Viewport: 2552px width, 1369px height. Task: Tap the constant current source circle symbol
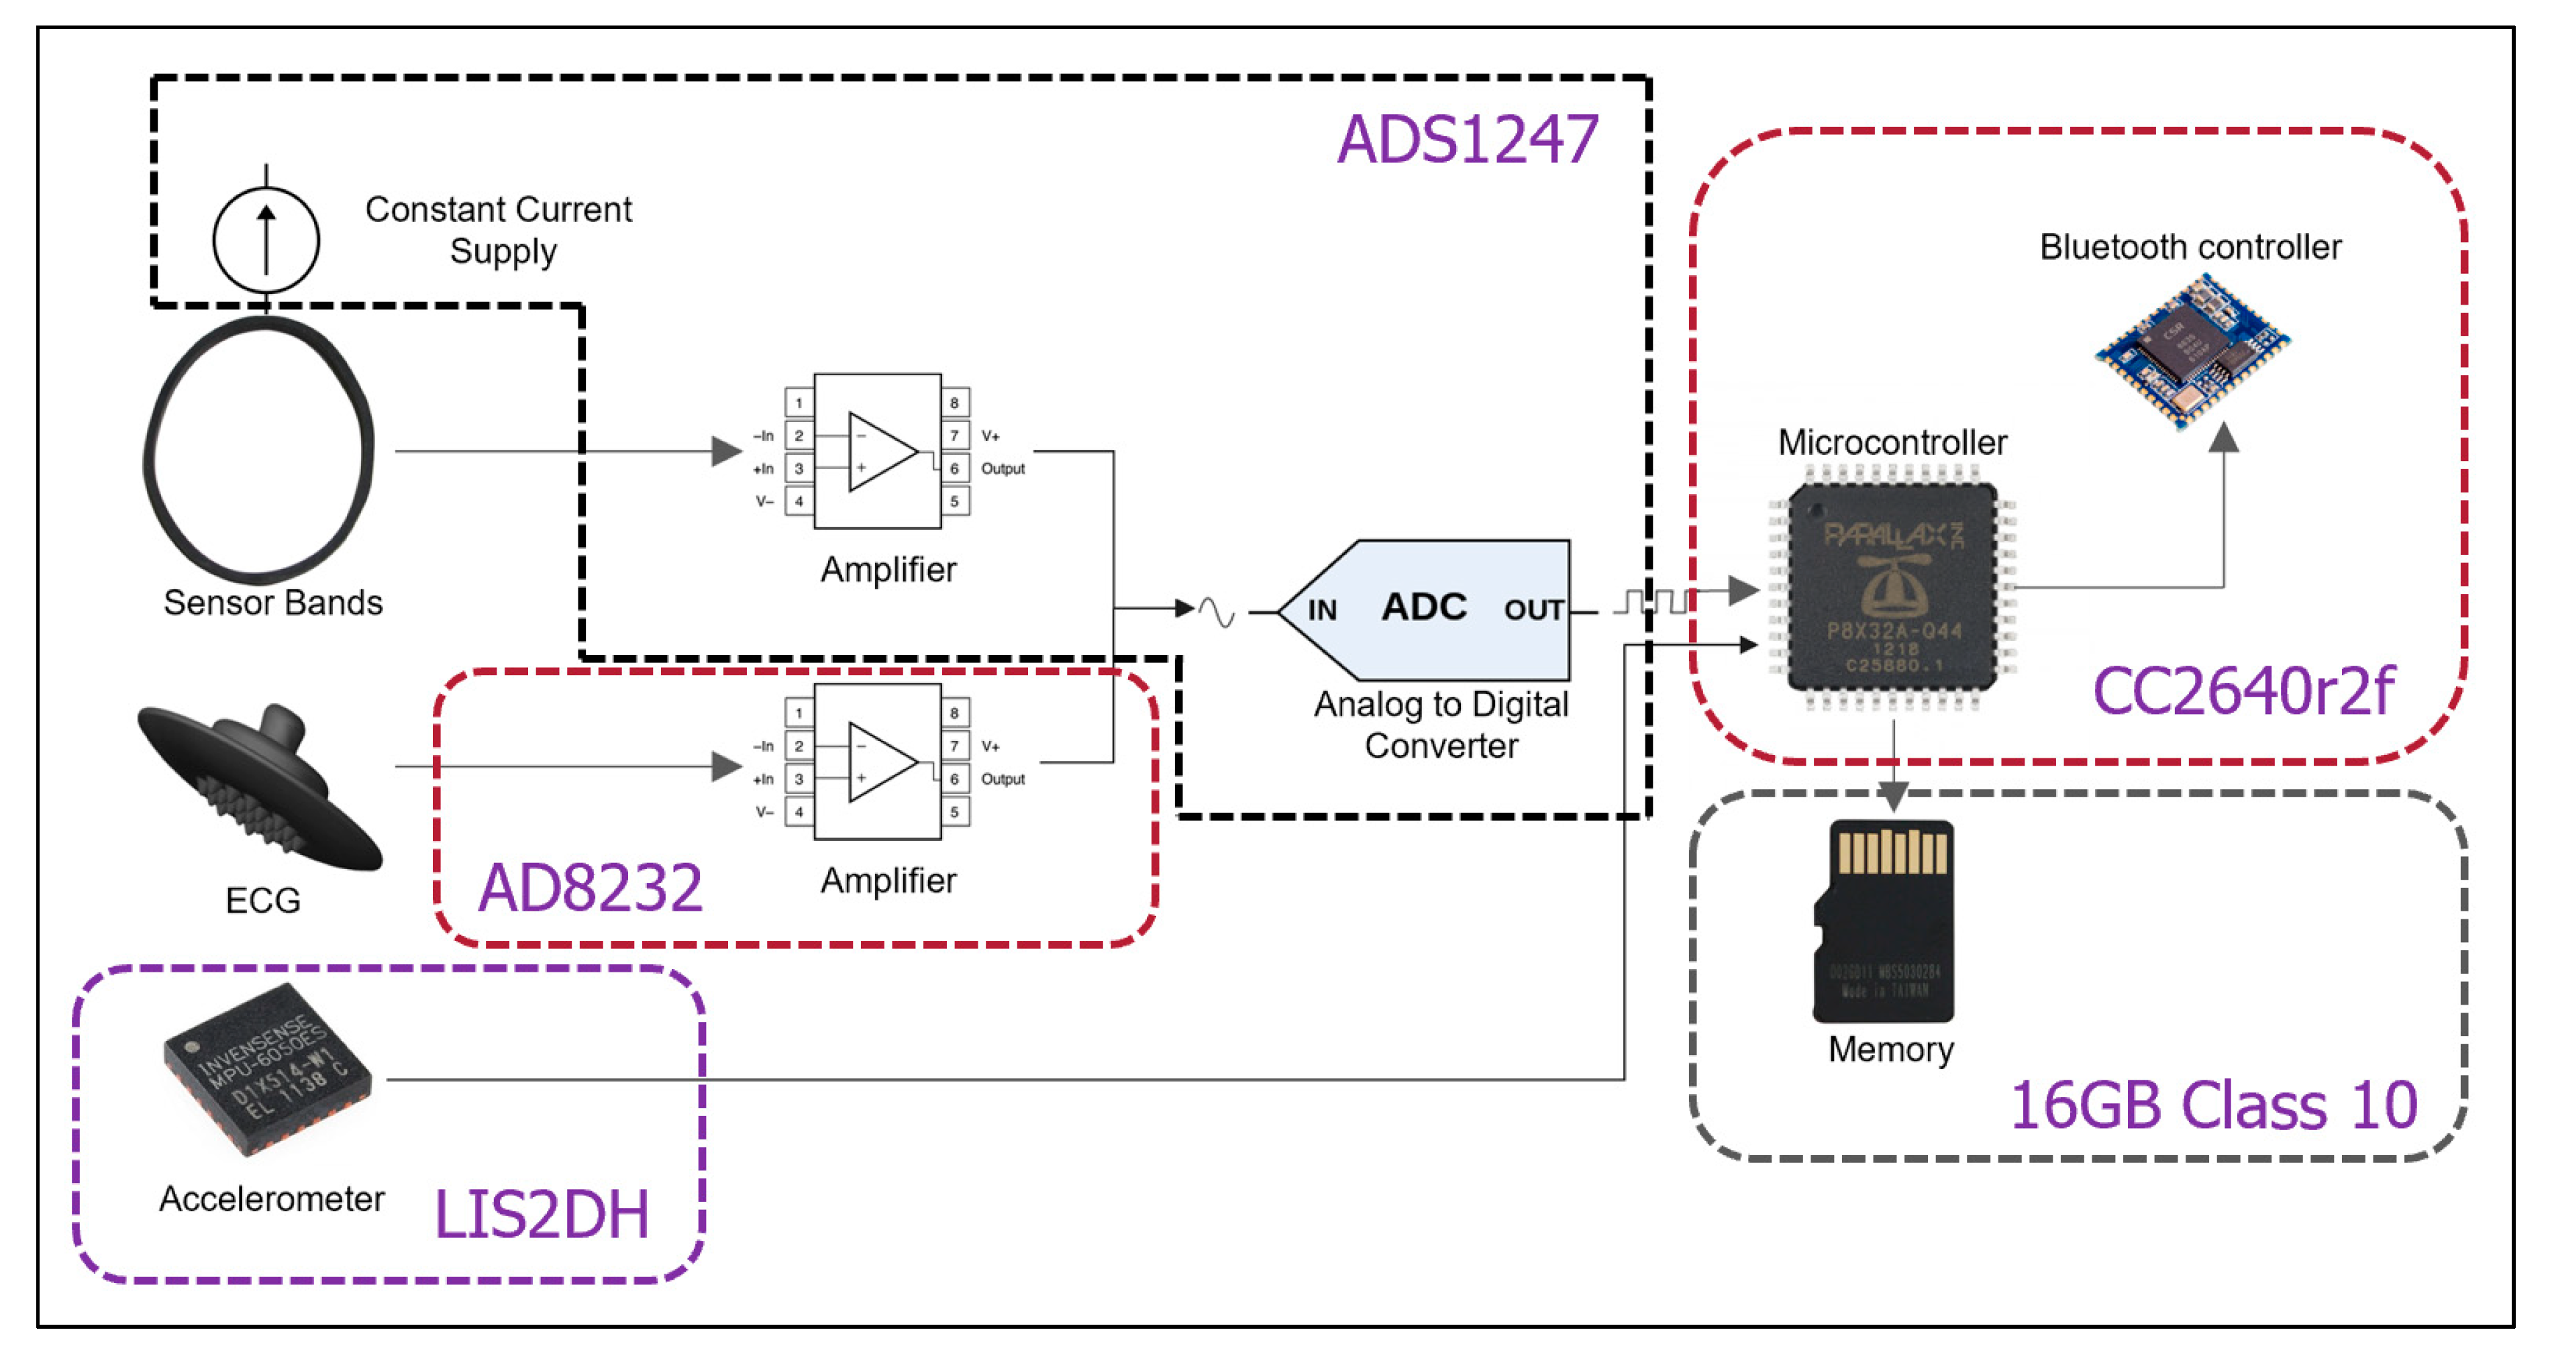[266, 240]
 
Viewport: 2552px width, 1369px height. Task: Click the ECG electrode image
[260, 788]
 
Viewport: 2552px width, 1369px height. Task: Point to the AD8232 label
[591, 888]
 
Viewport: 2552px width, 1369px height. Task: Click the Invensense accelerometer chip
[268, 1070]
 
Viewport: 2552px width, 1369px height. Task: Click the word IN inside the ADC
[1321, 610]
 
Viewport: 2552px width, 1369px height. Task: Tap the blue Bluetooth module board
[2192, 352]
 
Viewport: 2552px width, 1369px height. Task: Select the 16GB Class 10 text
[2213, 1105]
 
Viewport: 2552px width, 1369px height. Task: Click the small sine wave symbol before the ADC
[1217, 611]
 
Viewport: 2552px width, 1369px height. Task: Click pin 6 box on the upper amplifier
[954, 468]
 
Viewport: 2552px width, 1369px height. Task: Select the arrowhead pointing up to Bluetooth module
[2224, 438]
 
